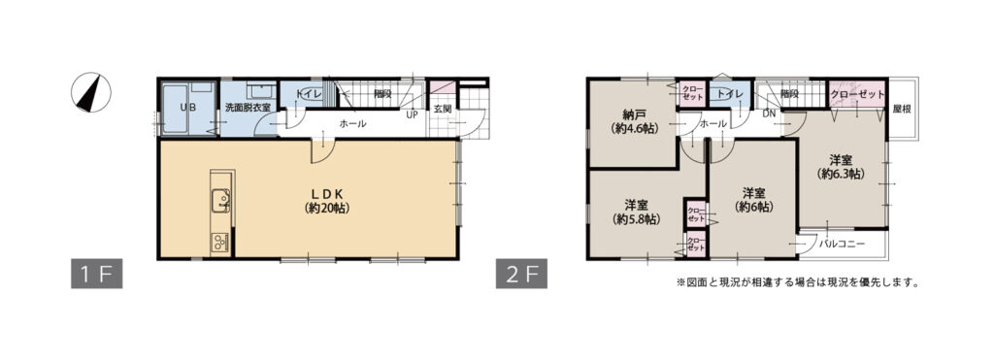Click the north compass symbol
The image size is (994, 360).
point(91,94)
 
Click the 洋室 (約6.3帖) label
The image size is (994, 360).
point(840,166)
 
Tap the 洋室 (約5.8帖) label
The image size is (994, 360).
point(636,213)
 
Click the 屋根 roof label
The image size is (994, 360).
point(902,109)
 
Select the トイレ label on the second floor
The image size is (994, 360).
point(731,94)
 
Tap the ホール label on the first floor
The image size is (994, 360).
point(351,124)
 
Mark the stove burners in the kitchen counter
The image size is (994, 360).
point(219,243)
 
